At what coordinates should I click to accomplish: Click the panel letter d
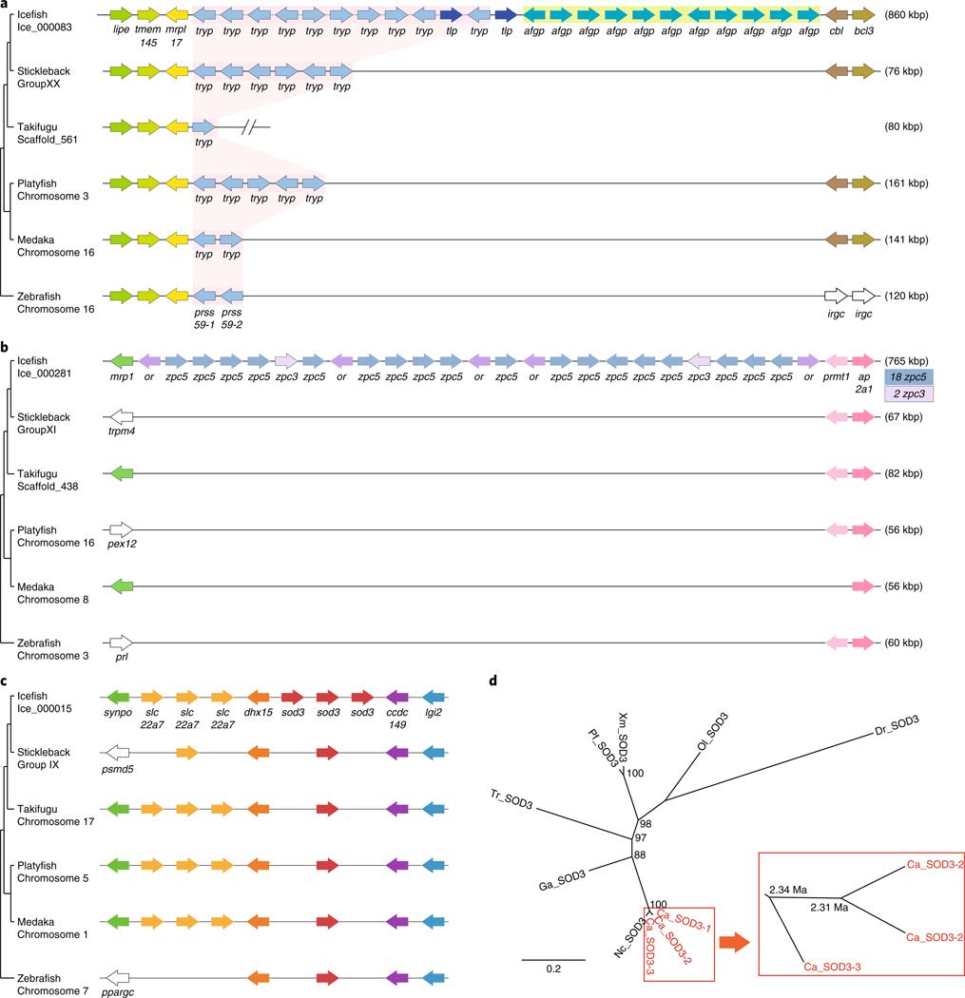(492, 681)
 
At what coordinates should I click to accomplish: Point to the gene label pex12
(123, 548)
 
